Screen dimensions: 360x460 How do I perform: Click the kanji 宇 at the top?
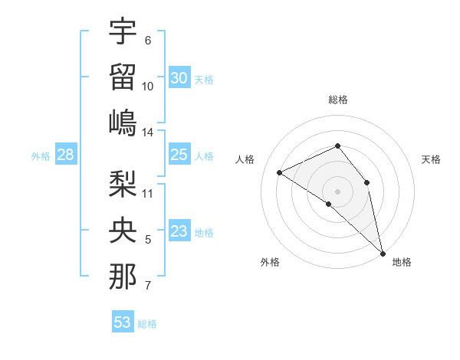[123, 31]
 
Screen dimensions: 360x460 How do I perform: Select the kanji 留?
[123, 77]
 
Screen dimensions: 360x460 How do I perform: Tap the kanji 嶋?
[123, 123]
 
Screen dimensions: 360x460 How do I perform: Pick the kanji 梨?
[123, 185]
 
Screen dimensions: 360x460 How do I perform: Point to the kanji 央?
[123, 231]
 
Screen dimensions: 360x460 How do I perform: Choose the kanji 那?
[123, 277]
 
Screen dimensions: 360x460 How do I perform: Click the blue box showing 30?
[179, 78]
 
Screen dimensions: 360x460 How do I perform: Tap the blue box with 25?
[179, 155]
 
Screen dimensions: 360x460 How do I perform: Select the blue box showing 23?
[179, 232]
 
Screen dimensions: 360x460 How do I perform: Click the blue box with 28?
[66, 155]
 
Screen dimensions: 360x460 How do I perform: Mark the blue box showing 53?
[123, 322]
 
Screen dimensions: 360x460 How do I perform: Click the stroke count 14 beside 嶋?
[148, 133]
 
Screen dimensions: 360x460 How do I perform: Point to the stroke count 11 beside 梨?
[148, 193]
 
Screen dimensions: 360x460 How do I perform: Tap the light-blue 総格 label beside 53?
[147, 324]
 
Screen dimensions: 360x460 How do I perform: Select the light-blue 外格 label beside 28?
[41, 156]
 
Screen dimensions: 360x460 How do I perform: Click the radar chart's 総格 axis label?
[338, 100]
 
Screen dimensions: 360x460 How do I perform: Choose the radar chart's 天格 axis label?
[432, 159]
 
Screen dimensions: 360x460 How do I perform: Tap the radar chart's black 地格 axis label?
[402, 262]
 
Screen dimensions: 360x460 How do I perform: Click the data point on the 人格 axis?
[280, 172]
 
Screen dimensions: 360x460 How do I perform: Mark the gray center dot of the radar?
[337, 191]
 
